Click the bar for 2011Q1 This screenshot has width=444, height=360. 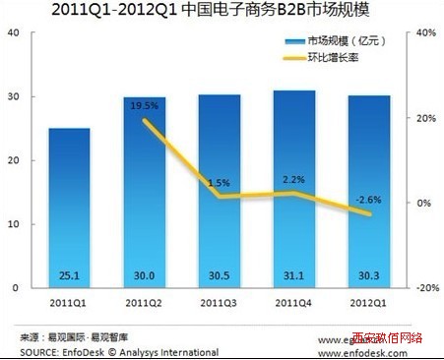point(69,207)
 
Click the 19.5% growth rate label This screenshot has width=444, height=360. point(145,105)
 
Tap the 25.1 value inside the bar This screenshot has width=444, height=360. point(69,276)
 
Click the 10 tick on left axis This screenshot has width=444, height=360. point(13,224)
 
